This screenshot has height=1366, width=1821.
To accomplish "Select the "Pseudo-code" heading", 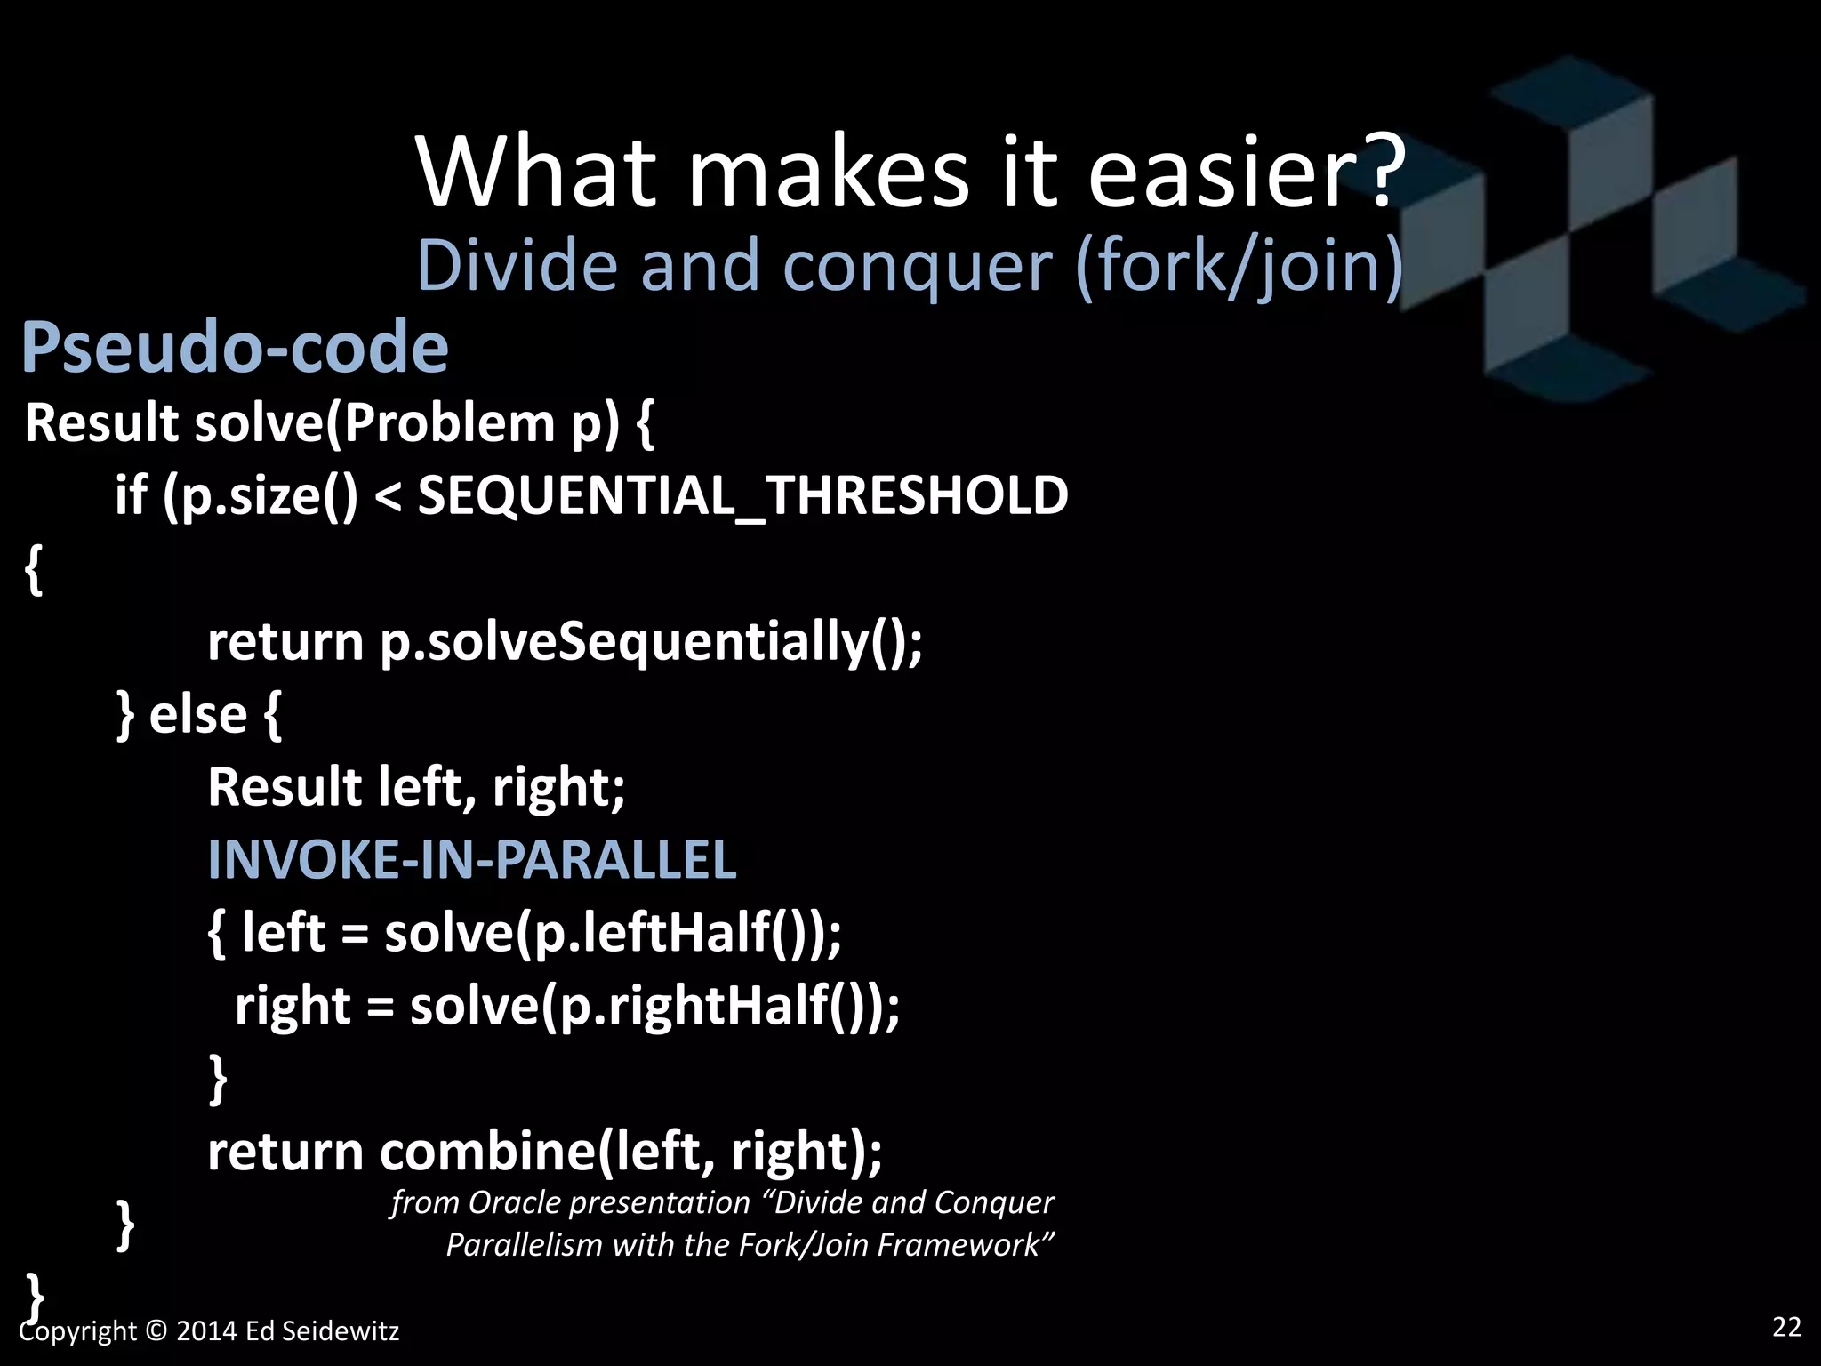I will coord(235,347).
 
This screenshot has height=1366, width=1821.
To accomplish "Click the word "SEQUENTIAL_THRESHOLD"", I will coord(742,495).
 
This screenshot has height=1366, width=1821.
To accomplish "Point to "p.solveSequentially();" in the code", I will coord(651,642).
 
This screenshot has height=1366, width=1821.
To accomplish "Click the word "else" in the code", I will coord(197,715).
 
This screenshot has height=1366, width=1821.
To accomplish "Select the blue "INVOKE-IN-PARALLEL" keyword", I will coord(471,861).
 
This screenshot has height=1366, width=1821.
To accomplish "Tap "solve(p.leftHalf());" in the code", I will coord(613,934).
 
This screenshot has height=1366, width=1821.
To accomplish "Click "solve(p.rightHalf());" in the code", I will coord(654,1007).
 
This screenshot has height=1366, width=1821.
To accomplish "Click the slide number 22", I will coord(1786,1327).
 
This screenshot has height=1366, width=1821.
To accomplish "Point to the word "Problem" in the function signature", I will coord(449,422).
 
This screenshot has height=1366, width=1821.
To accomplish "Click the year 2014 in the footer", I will coord(206,1331).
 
